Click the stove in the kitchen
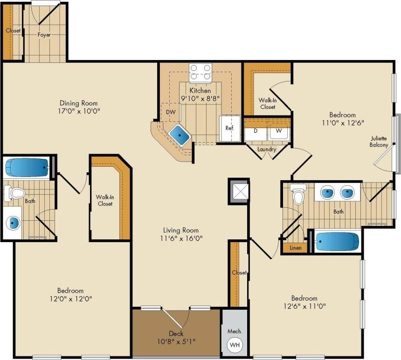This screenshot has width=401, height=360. (200, 73)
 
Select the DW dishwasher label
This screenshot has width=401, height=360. (171, 112)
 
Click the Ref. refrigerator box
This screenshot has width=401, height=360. (229, 128)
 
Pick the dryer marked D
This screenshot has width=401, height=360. (256, 131)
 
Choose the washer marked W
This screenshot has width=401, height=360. (279, 131)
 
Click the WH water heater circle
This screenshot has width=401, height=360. (235, 346)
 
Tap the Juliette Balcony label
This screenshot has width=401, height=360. (379, 142)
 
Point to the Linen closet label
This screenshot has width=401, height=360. (295, 248)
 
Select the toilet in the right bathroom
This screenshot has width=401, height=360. (297, 195)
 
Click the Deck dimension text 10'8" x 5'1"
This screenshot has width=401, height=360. (176, 341)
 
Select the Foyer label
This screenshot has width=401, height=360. (44, 34)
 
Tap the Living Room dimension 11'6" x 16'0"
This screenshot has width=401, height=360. (180, 238)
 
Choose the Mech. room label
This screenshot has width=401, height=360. (234, 331)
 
